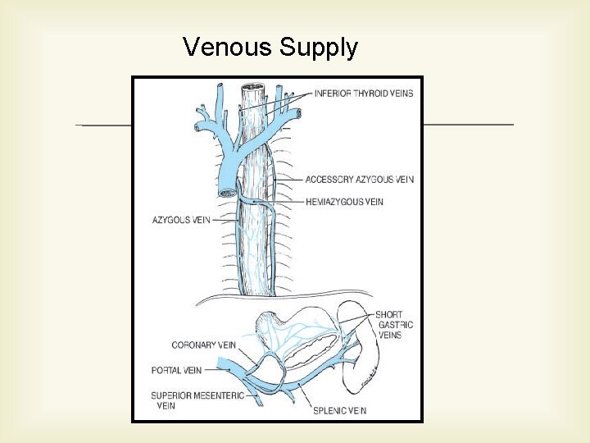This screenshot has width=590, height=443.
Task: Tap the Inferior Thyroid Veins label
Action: (x=364, y=94)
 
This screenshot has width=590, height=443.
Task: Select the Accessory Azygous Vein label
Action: (x=359, y=180)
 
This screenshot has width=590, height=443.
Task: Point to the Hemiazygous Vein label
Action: (x=344, y=201)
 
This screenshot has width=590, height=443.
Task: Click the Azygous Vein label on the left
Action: (x=181, y=220)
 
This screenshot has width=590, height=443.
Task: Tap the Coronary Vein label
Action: (x=203, y=345)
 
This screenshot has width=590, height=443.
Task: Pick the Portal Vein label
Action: (x=177, y=370)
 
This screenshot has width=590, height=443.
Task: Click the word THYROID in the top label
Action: (x=370, y=94)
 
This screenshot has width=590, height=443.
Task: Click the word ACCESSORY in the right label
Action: (x=331, y=180)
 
